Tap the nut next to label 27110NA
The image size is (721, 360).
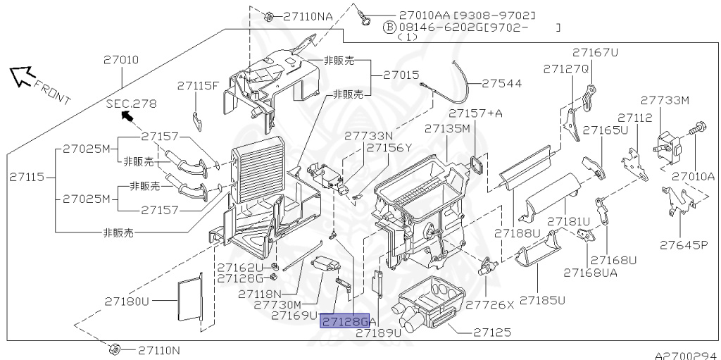point(270,17)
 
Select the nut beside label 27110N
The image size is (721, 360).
point(115,349)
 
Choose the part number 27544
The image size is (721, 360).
point(502,83)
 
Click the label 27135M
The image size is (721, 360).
point(447,128)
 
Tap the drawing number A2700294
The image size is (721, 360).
point(687,355)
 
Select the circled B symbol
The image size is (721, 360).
point(389,27)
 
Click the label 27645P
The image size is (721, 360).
point(684,245)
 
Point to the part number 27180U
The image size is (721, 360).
point(127,302)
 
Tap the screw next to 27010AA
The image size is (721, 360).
point(365,17)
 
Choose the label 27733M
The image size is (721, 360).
point(665,100)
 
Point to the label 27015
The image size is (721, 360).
point(401,75)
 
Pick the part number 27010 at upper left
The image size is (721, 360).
point(121,59)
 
